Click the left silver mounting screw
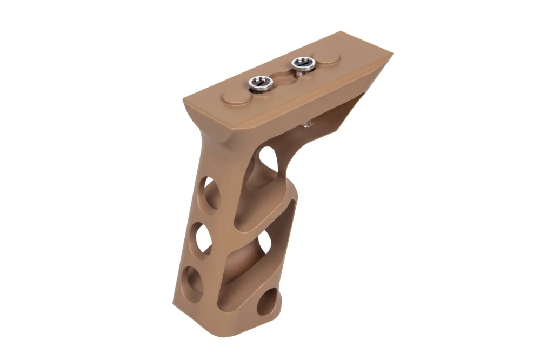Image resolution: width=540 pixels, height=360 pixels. point(258,83)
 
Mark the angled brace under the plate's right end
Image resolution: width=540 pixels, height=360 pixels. point(346,116)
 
